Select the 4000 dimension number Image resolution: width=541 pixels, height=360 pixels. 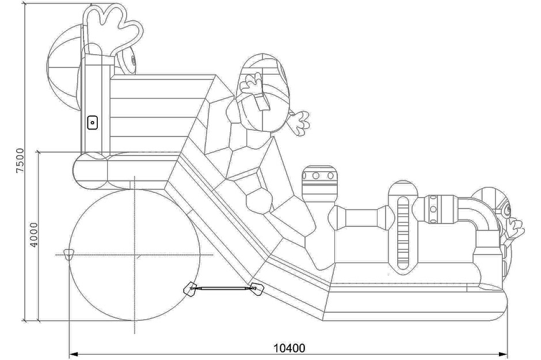click(x=34, y=235)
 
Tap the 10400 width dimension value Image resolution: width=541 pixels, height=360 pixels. click(x=288, y=348)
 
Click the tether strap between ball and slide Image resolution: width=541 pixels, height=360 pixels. click(x=222, y=287)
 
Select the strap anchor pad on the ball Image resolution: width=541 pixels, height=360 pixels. click(x=191, y=289)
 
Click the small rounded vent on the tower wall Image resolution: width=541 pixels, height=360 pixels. click(x=93, y=122)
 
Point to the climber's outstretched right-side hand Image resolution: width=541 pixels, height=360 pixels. click(x=299, y=122)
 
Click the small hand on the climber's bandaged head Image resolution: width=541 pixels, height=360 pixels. click(x=251, y=83)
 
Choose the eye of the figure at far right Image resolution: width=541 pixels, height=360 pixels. click(x=508, y=210)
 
